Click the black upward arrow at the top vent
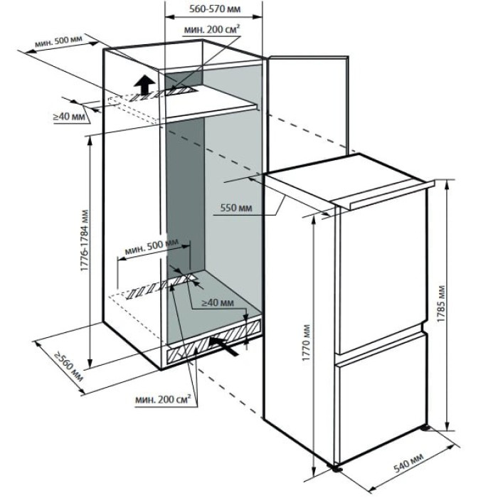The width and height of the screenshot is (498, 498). tap(144, 84)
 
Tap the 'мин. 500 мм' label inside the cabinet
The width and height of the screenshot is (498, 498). tap(152, 250)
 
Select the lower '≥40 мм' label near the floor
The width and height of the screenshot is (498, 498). tap(217, 303)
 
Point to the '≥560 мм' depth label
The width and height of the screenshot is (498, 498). tap(63, 364)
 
